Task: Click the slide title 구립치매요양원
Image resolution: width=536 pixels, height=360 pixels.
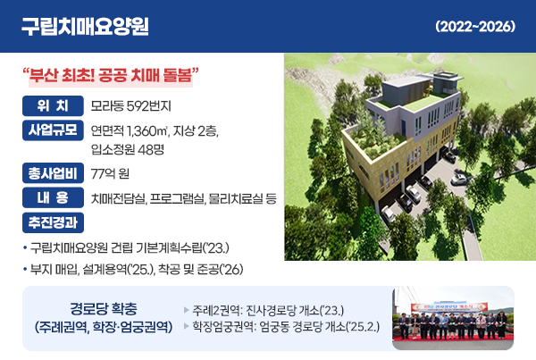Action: [85, 26]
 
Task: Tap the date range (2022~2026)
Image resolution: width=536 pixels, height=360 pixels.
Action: [475, 26]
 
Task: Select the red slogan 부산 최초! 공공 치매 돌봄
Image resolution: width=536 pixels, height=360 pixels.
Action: [111, 75]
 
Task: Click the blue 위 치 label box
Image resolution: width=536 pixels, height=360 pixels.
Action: [53, 106]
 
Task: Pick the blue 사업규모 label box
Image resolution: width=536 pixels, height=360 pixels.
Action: [53, 130]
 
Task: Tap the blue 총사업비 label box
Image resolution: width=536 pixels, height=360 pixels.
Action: [53, 173]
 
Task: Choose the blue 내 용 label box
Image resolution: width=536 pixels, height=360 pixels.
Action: [53, 197]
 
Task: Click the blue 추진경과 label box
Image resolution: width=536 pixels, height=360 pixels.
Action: [53, 222]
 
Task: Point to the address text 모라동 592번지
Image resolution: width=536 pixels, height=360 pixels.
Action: [130, 106]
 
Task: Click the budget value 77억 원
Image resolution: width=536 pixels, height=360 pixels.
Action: [110, 174]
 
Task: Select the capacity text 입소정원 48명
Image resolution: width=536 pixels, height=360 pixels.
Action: [128, 149]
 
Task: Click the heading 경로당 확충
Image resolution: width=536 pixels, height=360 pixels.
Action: [104, 309]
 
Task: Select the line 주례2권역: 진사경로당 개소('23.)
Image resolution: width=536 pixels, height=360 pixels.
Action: [268, 311]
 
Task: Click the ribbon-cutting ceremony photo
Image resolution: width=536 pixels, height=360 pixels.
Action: [453, 318]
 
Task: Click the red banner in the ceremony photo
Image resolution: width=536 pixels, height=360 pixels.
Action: [449, 306]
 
